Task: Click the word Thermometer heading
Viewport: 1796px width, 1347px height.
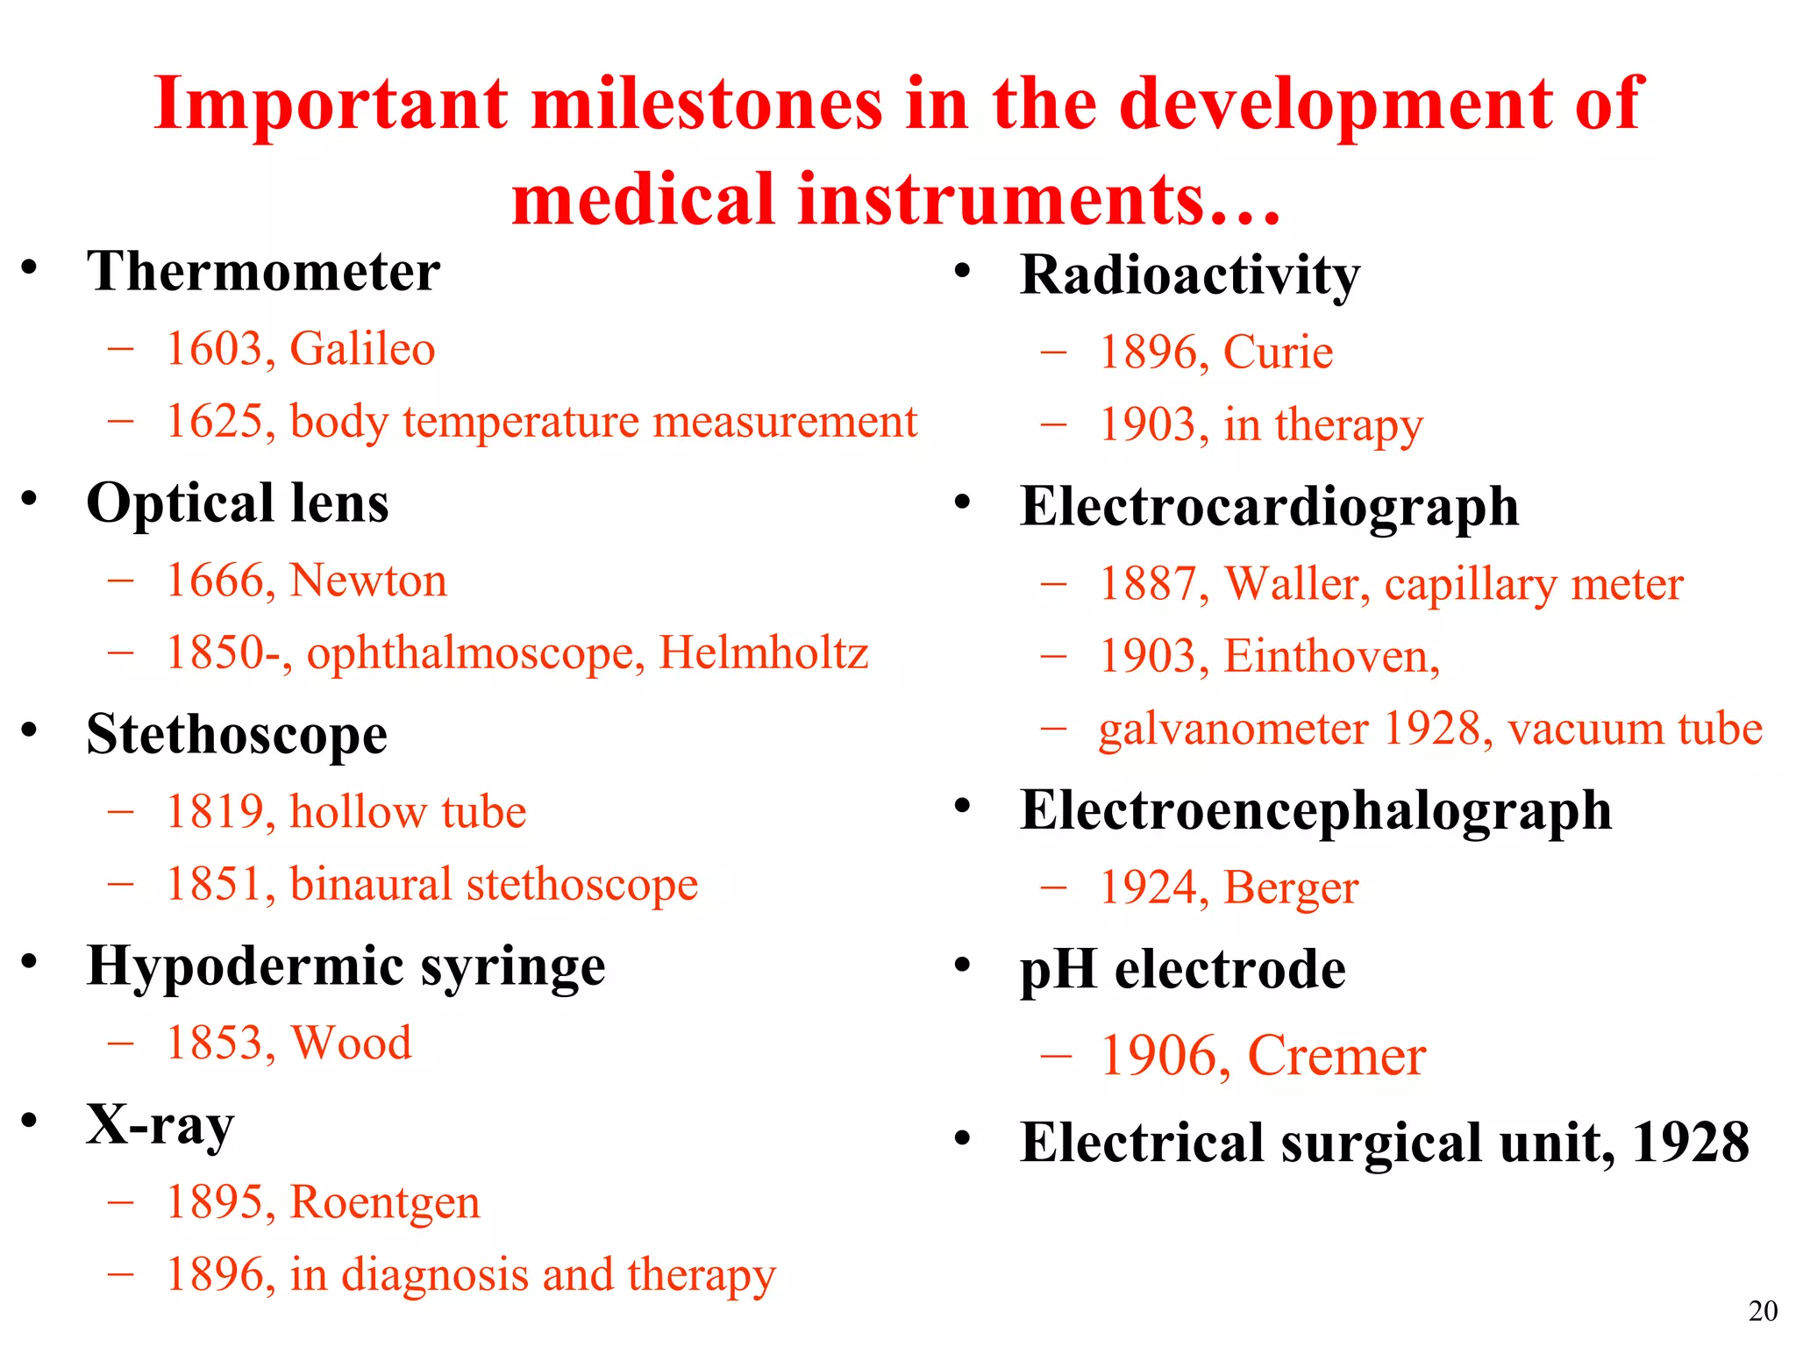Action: point(263,272)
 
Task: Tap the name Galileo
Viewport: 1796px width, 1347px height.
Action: point(362,349)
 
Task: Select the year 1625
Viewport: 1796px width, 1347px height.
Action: point(215,422)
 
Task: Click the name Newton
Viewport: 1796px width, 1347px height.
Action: point(368,581)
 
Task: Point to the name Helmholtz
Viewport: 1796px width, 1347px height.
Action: point(763,653)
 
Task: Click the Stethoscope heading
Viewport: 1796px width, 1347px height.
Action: point(237,735)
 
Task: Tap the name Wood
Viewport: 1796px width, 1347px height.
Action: point(351,1044)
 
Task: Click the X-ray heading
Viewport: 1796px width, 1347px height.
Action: point(160,1125)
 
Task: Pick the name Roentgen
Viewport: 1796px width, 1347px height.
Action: point(385,1203)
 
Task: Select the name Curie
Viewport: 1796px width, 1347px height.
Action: point(1278,353)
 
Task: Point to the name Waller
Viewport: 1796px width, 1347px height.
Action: point(1296,584)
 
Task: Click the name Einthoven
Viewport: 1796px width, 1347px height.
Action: point(1331,657)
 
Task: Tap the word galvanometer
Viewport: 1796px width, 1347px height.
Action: point(1233,730)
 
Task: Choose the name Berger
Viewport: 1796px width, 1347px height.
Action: point(1291,888)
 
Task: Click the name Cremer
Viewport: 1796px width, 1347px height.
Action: point(1336,1056)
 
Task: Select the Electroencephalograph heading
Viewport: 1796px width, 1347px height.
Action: point(1315,811)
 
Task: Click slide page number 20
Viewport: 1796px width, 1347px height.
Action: point(1763,1311)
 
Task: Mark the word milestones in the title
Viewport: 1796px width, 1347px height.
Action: point(707,105)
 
